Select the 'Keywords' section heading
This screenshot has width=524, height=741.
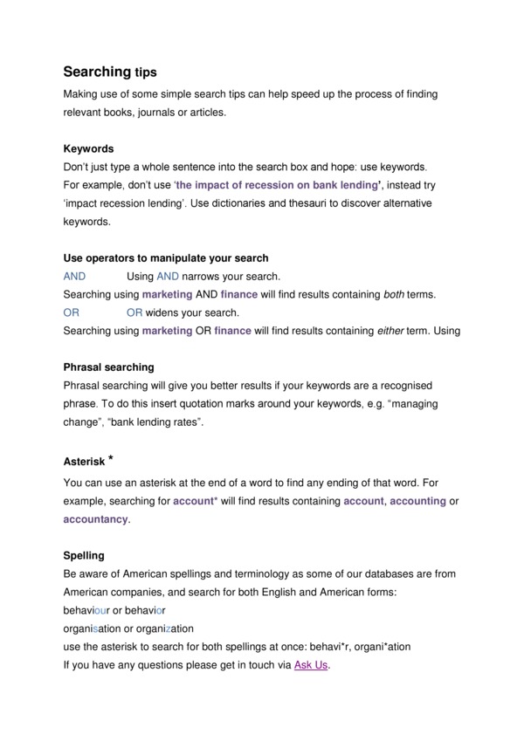coord(89,148)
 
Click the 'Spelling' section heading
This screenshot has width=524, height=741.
coord(84,555)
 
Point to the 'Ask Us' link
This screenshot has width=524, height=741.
coord(312,665)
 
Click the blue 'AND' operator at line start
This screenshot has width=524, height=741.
coord(75,276)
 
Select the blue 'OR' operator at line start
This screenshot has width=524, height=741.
coord(71,312)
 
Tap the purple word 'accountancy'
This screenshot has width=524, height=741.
coord(96,519)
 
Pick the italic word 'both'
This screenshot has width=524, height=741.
coord(394,294)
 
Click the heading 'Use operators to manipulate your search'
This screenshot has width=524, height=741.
coord(166,258)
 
